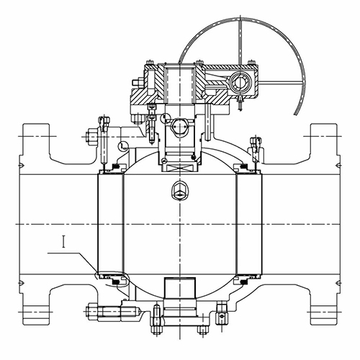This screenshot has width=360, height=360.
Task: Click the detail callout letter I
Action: (63, 242)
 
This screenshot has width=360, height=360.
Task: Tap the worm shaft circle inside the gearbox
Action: (240, 83)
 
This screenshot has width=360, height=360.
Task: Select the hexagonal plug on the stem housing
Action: (179, 126)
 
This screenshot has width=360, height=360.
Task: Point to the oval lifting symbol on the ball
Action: (179, 190)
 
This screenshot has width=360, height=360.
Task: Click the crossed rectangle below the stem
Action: (179, 167)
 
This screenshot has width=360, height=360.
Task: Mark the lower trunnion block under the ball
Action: (179, 288)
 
